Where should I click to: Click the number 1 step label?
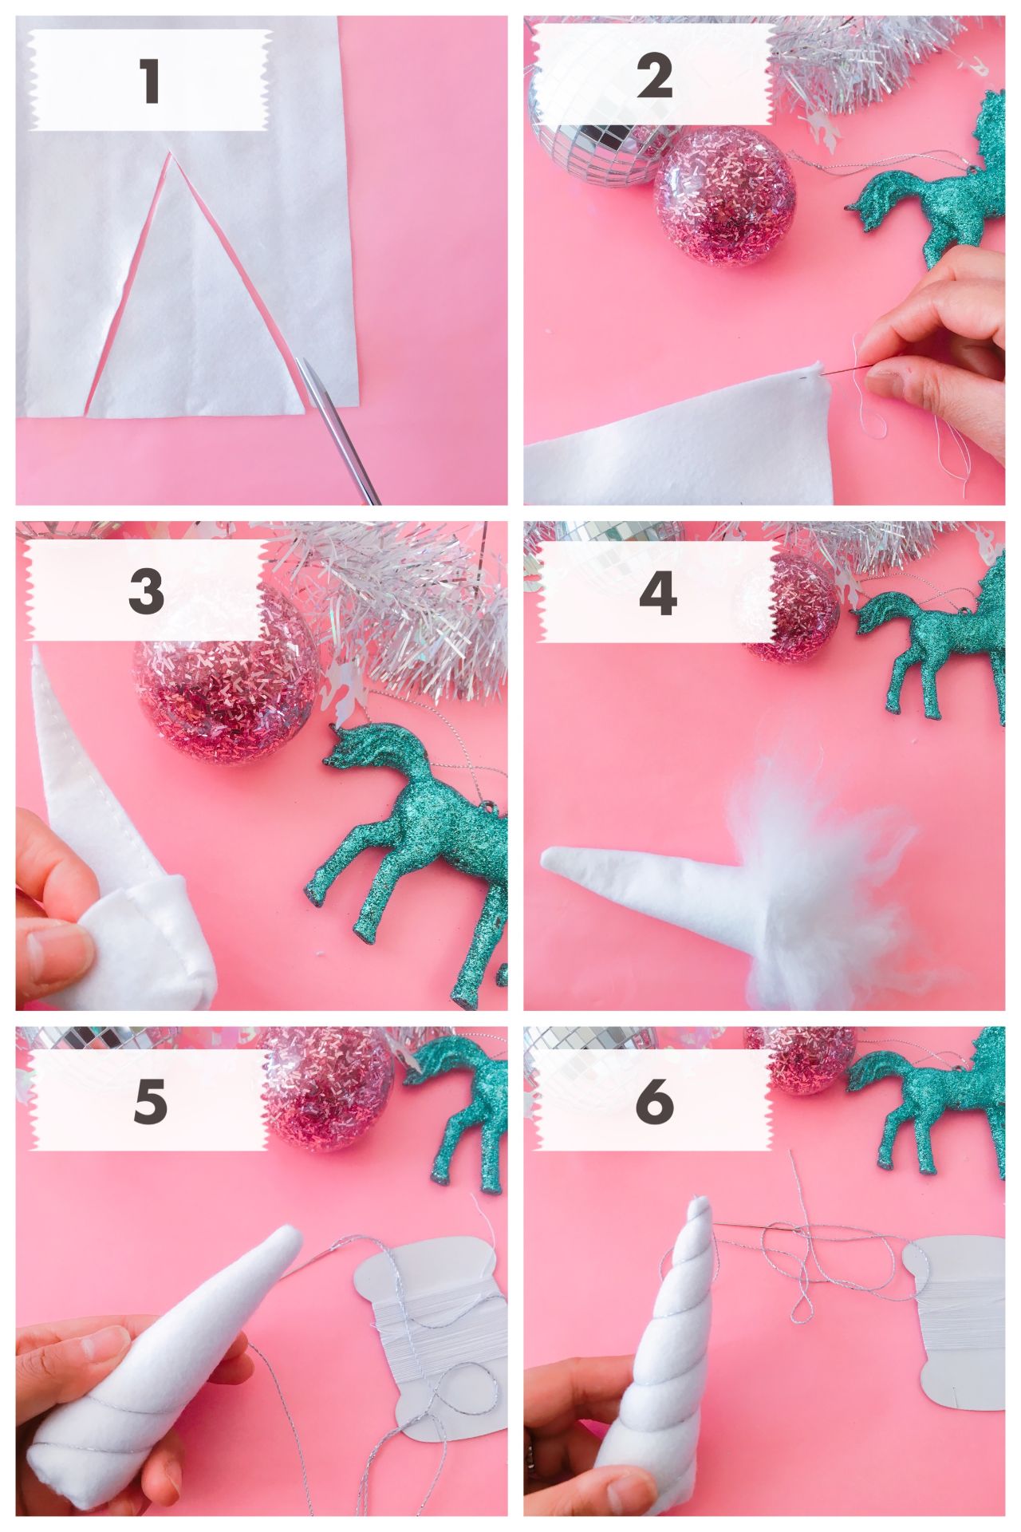point(151,81)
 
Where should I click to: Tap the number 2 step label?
point(656,77)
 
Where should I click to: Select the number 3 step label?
point(146,591)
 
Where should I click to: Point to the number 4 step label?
point(658,591)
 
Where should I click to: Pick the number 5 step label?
point(151,1102)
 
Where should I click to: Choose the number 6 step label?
point(656,1102)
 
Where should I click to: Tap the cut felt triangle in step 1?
point(195,303)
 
